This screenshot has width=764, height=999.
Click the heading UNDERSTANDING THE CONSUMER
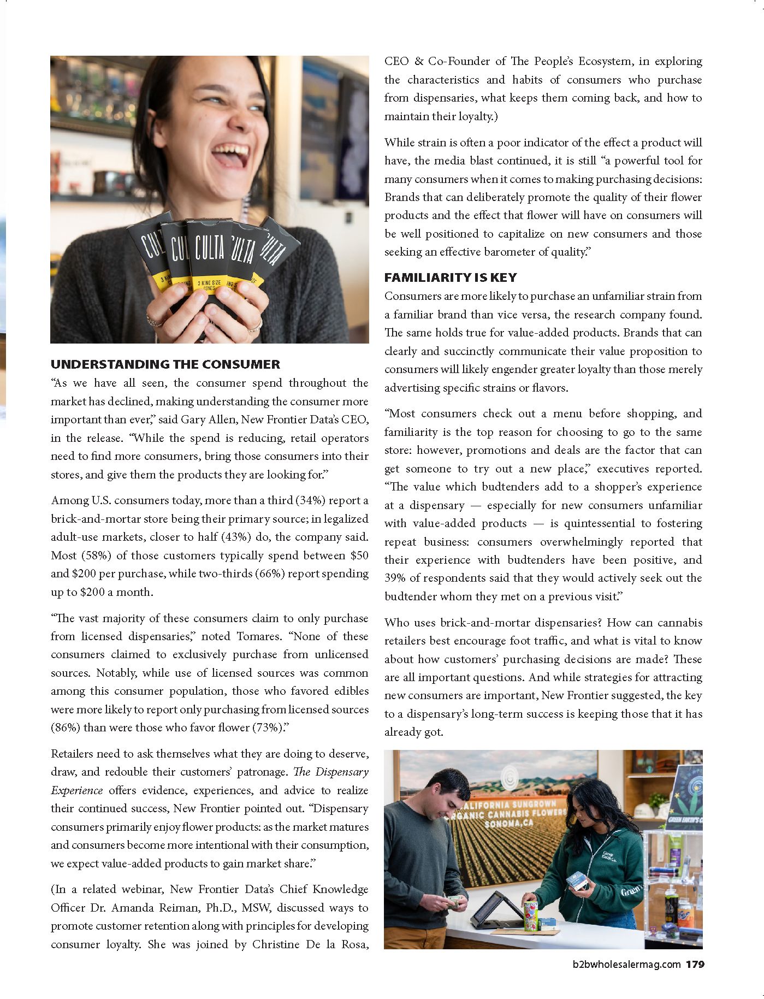coord(165,364)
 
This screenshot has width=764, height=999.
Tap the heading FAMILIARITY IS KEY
coord(451,277)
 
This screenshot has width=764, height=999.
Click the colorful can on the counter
coord(530,915)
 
